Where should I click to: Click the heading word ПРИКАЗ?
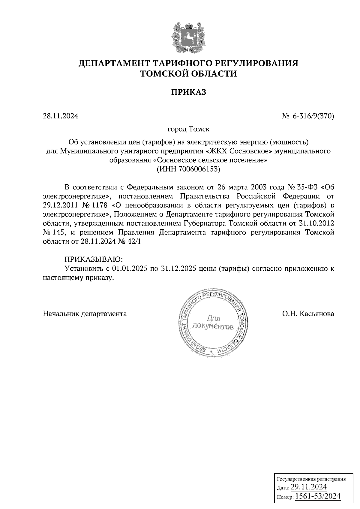[189, 92]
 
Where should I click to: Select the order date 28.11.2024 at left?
[60, 116]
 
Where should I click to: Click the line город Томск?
[188, 129]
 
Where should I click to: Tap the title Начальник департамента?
[85, 314]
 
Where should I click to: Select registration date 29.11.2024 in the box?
[309, 487]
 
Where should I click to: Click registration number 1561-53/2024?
[318, 496]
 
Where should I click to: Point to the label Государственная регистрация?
[310, 479]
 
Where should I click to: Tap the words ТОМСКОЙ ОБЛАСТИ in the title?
[189, 73]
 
